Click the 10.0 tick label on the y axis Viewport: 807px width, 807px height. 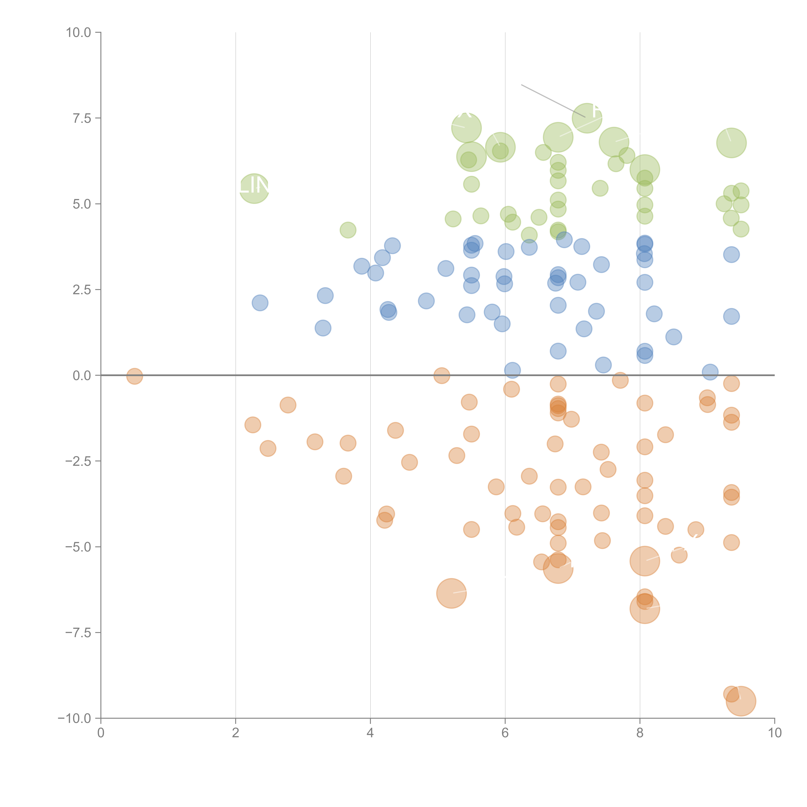click(79, 33)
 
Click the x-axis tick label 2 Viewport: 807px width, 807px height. click(236, 733)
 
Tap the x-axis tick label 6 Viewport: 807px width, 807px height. click(505, 733)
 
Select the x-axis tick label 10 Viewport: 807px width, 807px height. click(774, 733)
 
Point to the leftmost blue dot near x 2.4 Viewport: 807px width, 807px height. click(260, 303)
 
